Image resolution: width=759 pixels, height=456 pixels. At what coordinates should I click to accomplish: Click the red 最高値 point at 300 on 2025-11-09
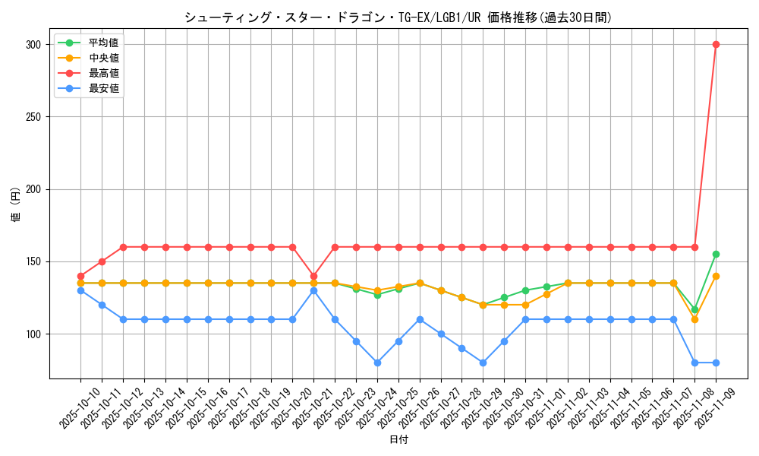coord(716,44)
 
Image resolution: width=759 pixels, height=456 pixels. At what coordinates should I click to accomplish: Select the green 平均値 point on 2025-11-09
coord(716,254)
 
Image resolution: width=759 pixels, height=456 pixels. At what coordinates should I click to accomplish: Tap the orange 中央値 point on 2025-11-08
coord(694,319)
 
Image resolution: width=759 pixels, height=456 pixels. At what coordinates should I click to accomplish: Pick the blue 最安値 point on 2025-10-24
coord(377,363)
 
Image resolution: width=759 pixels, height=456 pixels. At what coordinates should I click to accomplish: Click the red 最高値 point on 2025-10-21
coord(313,276)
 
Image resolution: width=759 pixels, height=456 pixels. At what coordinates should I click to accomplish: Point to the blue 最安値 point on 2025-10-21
coord(313,290)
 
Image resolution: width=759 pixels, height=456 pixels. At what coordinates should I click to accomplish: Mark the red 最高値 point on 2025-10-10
coord(80,276)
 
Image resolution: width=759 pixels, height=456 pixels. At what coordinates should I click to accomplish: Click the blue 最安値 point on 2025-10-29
coord(483,363)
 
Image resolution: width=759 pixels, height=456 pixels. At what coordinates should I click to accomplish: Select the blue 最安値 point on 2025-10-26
coord(420,319)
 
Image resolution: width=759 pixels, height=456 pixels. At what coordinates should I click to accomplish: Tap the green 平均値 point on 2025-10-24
coord(377,295)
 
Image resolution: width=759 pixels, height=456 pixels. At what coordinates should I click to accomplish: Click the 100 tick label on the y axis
coord(34,334)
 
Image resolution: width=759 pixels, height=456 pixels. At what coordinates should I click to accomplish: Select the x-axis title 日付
coord(398,440)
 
